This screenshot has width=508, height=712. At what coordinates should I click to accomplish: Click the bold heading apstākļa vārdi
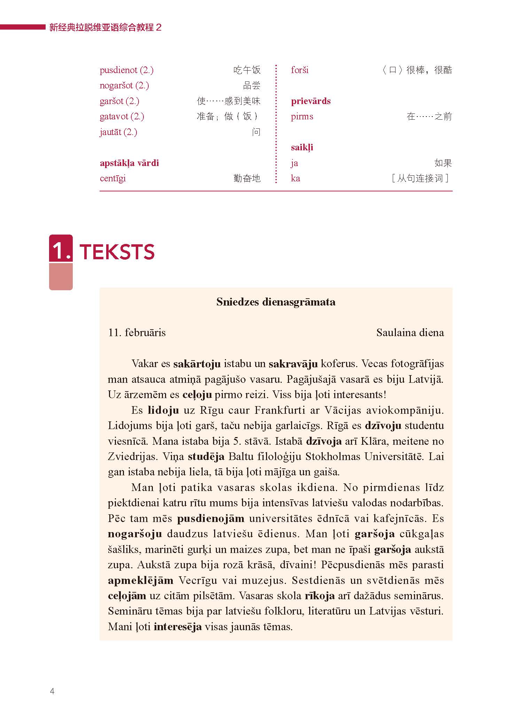point(129,163)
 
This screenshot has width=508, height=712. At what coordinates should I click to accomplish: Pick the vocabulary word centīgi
point(112,179)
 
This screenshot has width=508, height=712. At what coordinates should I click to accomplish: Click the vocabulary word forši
point(299,70)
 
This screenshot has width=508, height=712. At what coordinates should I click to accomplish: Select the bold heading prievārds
point(311,101)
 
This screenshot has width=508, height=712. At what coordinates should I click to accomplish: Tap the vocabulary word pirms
point(302,117)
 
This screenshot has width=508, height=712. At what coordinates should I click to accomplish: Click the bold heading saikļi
point(302,148)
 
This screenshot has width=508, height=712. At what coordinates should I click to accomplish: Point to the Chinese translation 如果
point(443,163)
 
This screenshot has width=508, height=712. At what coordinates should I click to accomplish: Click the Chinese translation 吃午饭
point(247,70)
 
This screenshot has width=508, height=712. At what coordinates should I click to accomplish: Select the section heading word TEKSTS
point(117,252)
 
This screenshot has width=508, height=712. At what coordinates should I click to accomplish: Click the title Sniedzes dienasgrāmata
point(276,302)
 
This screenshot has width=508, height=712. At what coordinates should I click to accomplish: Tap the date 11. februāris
point(137,333)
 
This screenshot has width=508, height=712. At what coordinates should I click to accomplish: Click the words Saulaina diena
point(410,333)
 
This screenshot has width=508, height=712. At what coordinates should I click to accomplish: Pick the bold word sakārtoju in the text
point(197,364)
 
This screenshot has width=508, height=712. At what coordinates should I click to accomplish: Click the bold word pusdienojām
point(211,519)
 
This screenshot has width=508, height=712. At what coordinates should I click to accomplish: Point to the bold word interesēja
point(178,627)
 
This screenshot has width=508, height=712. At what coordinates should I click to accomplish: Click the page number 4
point(52,691)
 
